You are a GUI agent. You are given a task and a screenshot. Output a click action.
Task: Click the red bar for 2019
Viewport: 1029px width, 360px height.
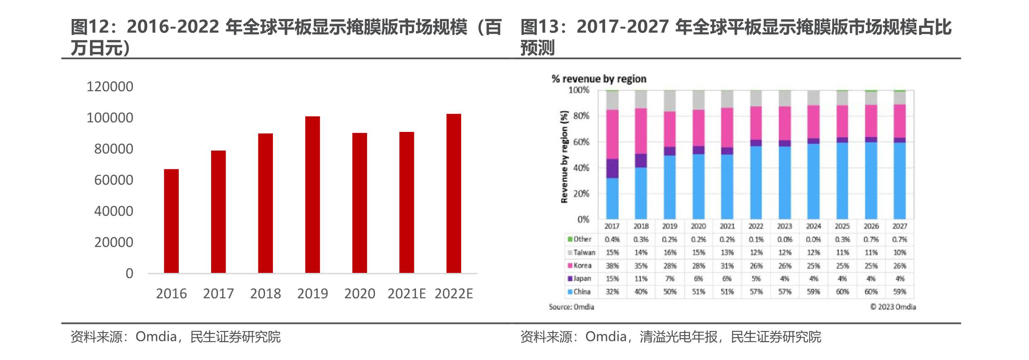click(312, 195)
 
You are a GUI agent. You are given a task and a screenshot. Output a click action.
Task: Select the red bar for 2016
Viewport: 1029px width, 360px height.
click(171, 221)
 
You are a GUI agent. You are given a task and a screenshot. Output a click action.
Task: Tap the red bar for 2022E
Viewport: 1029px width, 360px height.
click(454, 193)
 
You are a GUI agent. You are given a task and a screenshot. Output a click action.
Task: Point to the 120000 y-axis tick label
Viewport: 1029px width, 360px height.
click(110, 87)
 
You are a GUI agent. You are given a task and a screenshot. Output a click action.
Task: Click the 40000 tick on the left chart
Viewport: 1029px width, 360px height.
click(114, 211)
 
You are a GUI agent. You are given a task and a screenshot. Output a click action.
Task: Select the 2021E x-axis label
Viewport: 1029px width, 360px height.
click(406, 294)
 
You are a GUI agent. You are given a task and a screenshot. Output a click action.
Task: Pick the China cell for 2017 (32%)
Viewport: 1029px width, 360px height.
click(612, 292)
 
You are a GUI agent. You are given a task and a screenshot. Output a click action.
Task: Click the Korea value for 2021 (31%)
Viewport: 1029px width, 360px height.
click(727, 266)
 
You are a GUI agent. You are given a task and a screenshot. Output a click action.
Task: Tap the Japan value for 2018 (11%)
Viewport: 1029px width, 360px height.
click(641, 279)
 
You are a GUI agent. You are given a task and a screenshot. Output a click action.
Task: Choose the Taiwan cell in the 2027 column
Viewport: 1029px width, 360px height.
click(900, 253)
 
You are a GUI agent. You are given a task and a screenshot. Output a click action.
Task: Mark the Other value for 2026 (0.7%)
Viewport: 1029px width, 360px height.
click(871, 240)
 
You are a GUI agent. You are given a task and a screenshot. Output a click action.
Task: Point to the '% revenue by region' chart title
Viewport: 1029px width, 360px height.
click(598, 79)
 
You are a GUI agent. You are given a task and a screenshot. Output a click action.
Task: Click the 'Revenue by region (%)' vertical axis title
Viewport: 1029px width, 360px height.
click(564, 157)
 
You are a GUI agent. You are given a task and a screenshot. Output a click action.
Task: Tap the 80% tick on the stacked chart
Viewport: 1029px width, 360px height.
click(581, 116)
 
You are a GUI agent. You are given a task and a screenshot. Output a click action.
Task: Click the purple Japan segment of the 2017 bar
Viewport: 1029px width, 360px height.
click(612, 168)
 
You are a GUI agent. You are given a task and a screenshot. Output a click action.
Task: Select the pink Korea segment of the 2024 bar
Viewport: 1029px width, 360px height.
click(813, 122)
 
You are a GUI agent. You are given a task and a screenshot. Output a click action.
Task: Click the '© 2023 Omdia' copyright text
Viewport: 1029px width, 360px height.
click(893, 307)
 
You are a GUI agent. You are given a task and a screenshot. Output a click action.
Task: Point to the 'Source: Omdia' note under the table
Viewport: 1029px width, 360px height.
click(571, 307)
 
